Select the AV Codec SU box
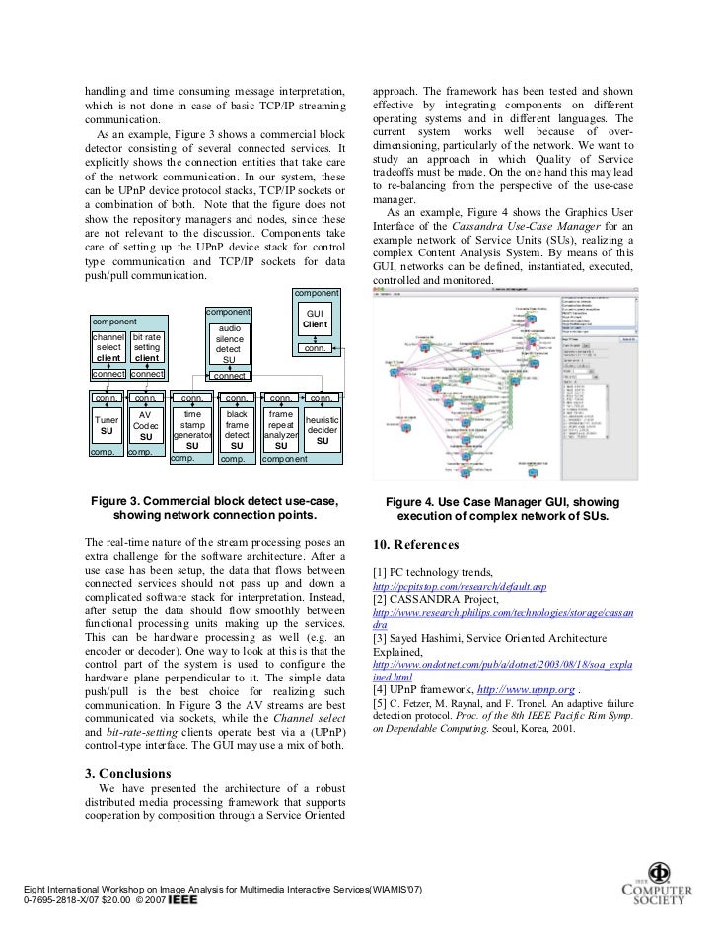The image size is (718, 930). coord(145,425)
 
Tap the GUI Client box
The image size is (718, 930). coord(315,319)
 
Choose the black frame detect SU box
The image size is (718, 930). coord(237,430)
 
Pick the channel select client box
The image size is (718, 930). coord(108,347)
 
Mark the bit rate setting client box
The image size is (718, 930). coord(147,347)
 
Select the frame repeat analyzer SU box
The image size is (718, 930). coord(280,430)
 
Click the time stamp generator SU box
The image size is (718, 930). coord(192,430)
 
